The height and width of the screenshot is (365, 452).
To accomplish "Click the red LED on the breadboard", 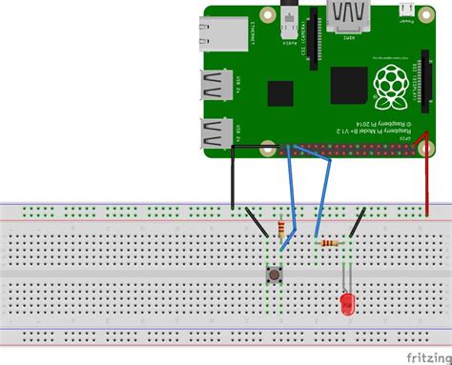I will tap(347, 303).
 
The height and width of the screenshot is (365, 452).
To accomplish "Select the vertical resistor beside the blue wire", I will tap(280, 230).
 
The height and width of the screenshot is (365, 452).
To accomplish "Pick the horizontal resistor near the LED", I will tap(330, 243).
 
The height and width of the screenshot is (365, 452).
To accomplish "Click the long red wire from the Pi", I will tap(426, 181).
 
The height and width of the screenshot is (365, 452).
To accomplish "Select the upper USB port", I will tap(216, 86).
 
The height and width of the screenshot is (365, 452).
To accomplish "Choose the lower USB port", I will tap(216, 132).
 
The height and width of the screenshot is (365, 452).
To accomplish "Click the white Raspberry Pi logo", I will tap(389, 86).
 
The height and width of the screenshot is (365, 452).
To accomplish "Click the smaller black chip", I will tap(281, 93).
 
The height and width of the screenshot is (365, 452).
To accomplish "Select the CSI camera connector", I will tap(309, 43).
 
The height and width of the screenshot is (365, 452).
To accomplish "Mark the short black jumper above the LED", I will tap(356, 223).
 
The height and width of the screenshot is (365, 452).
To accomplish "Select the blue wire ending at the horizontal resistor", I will tap(322, 195).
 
